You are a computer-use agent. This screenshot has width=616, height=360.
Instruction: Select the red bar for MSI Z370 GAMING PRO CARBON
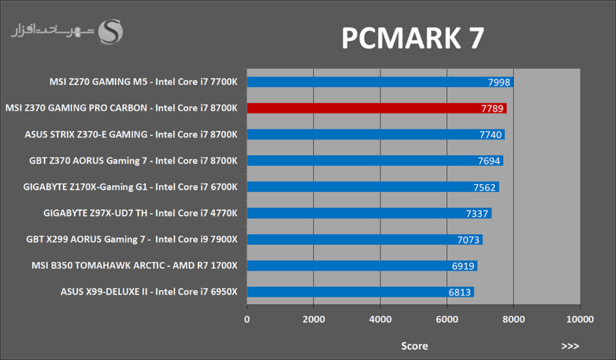[376, 108]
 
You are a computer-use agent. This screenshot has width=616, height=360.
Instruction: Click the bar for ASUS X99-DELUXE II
[360, 292]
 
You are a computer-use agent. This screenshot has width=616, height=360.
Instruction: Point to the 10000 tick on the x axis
[580, 319]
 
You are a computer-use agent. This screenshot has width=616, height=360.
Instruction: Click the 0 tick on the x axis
[247, 319]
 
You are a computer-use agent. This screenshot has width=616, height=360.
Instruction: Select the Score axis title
[414, 346]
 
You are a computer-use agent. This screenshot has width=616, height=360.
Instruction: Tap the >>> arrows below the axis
[569, 346]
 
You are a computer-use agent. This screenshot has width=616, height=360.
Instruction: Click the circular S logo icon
[111, 31]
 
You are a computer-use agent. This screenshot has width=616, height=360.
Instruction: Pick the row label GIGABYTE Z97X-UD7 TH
[140, 213]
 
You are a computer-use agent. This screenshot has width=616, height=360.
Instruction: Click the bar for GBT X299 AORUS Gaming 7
[365, 240]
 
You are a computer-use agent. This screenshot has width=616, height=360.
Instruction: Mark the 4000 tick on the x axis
[380, 319]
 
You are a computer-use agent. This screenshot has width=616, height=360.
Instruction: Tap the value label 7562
[485, 187]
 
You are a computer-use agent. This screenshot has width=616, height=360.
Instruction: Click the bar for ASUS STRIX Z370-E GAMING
[376, 135]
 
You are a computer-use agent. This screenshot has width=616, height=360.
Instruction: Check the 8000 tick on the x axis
[513, 319]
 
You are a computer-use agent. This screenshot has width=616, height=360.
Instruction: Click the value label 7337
[477, 214]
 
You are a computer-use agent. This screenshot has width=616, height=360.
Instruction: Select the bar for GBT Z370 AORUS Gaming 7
[375, 161]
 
